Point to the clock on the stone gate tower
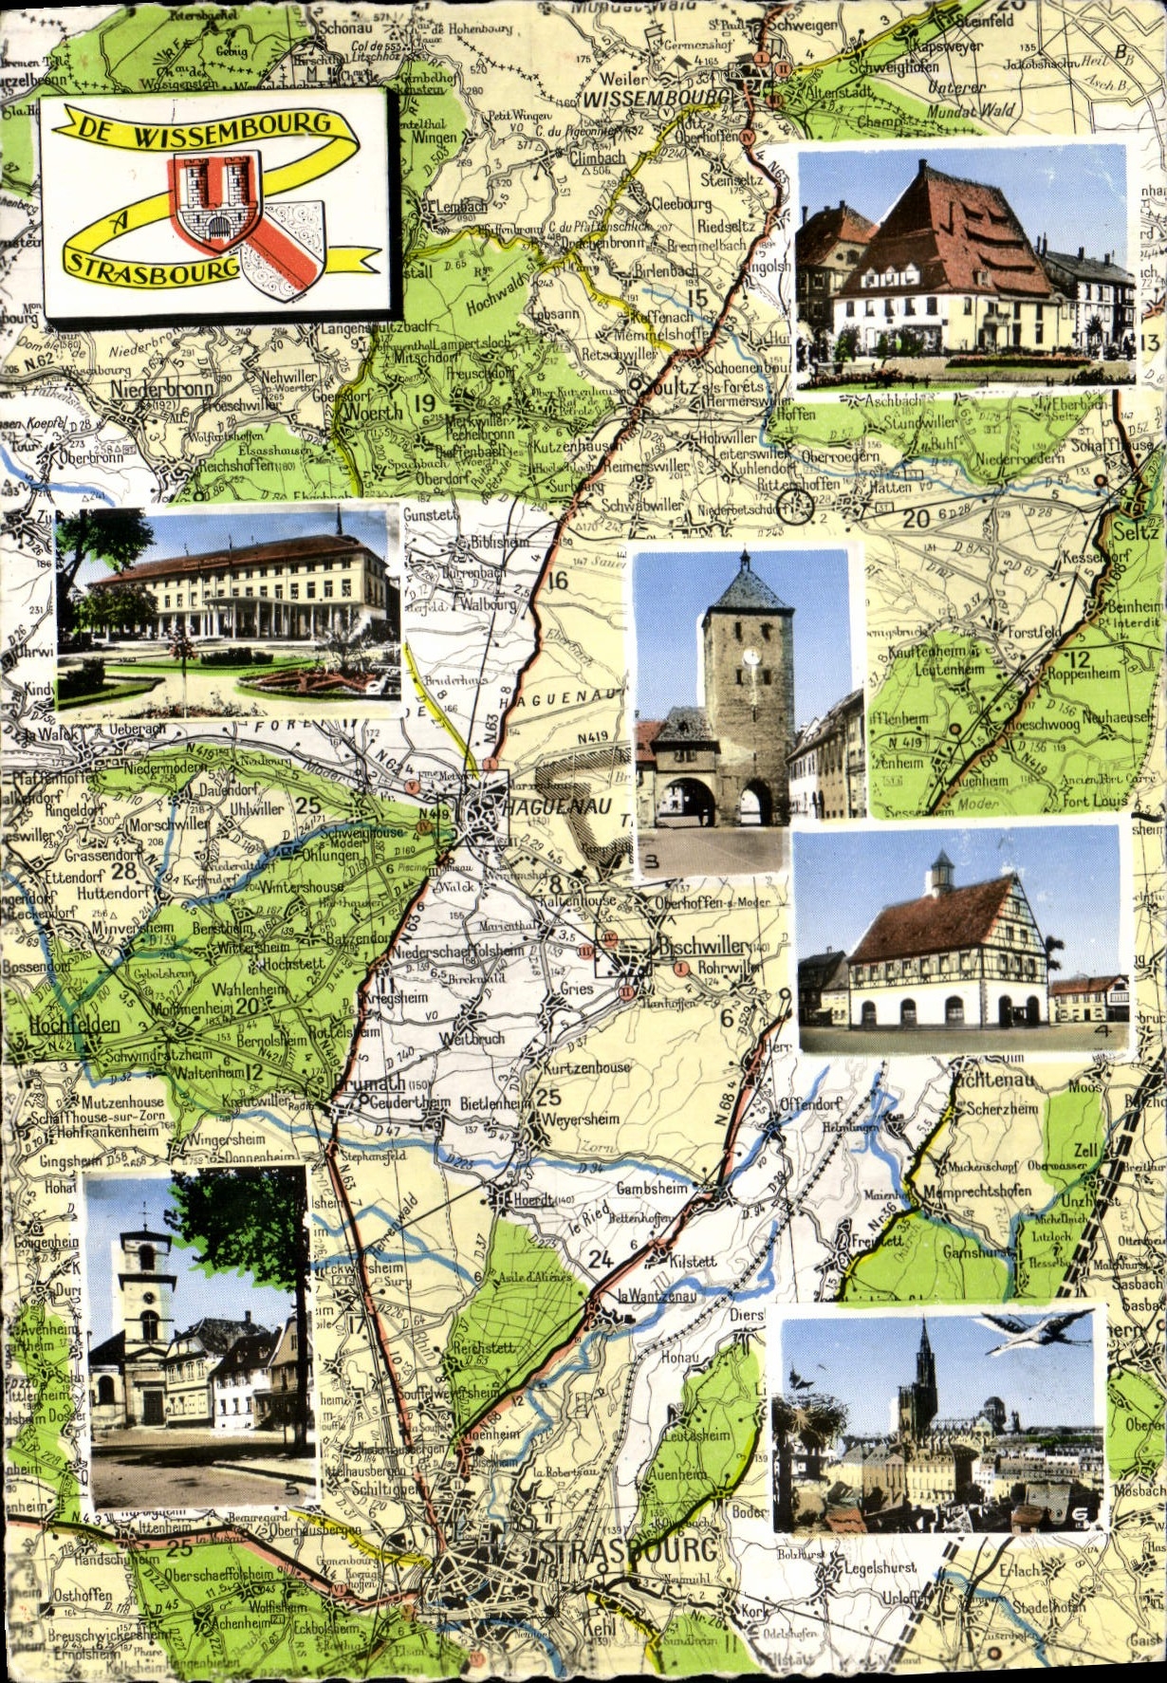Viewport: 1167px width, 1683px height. click(750, 656)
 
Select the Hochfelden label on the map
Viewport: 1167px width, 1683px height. click(74, 1025)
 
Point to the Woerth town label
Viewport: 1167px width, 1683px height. click(374, 414)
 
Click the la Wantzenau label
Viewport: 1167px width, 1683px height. click(657, 1296)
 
